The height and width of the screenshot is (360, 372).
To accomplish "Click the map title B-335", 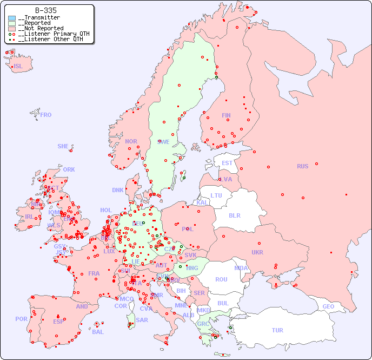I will [46, 10].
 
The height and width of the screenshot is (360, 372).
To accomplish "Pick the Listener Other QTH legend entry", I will [49, 39].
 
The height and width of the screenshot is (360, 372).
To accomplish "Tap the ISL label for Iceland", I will [18, 67].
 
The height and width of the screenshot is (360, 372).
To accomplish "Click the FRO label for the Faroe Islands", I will [46, 115].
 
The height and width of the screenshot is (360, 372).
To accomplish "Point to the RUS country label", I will [302, 166].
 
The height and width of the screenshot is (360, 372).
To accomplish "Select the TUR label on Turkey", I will [277, 330].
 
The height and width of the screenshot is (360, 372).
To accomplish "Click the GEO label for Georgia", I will [328, 306].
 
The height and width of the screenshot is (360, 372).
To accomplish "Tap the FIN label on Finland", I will [226, 115].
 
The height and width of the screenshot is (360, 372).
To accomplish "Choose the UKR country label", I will [257, 252].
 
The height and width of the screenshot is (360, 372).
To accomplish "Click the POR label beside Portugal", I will [21, 319].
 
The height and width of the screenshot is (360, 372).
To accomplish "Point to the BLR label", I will [234, 215].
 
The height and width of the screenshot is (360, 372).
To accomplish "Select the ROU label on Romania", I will [221, 279].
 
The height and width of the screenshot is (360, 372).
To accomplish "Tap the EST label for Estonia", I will [227, 163].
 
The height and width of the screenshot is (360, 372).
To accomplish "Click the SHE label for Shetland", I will [63, 146].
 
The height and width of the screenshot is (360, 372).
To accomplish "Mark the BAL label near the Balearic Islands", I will [98, 332].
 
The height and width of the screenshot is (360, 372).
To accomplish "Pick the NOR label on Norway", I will [131, 141].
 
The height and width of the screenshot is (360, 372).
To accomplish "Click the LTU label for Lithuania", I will [216, 195].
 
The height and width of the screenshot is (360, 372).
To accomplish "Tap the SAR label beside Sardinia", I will [142, 320].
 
